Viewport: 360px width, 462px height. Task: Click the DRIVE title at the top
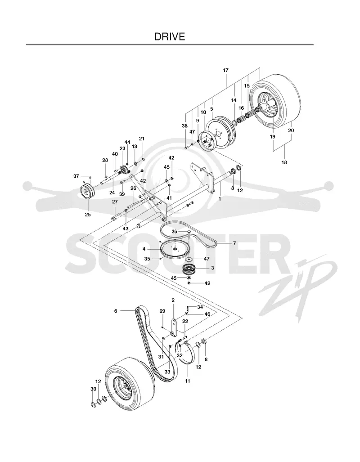click(x=170, y=36)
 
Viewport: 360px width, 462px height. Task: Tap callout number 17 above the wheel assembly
click(x=225, y=71)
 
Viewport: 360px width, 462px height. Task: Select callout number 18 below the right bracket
click(x=284, y=162)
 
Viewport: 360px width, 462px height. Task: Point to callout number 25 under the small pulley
click(x=88, y=215)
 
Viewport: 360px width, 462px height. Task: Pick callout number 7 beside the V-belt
click(x=234, y=243)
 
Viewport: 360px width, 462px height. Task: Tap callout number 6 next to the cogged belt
click(x=116, y=311)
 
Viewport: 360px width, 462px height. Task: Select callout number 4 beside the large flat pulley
click(x=144, y=249)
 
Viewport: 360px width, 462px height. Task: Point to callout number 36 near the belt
click(x=174, y=232)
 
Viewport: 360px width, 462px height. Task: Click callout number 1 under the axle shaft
click(x=220, y=199)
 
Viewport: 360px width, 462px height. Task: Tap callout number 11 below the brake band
click(x=188, y=381)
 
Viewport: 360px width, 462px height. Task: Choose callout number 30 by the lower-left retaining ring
click(x=93, y=389)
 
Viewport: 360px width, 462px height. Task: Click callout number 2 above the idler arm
click(x=173, y=300)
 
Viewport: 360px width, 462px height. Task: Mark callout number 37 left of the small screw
click(x=76, y=176)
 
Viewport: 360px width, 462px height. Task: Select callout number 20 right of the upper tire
click(x=291, y=130)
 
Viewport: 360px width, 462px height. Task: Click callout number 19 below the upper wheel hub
click(x=272, y=137)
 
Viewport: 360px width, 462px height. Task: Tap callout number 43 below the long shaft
click(x=126, y=229)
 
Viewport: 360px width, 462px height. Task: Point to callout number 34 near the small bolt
click(x=200, y=307)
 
